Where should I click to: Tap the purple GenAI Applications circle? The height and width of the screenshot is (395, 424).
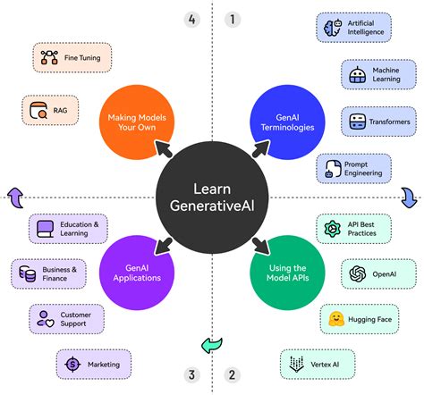tap(136, 272)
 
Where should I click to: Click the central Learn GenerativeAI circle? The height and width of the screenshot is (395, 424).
tap(212, 197)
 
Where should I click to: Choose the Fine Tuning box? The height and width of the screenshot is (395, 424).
tap(73, 58)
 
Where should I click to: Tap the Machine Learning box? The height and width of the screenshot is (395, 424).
tap(376, 75)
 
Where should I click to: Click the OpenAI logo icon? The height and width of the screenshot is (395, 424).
tap(358, 273)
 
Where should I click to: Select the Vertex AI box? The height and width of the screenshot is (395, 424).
tap(318, 363)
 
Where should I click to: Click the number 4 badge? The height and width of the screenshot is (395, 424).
tap(191, 19)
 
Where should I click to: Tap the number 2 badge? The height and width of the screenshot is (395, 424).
tap(232, 375)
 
